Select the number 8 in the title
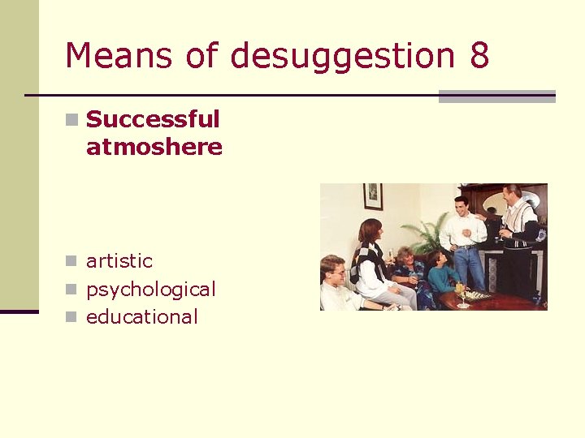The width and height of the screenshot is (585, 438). point(479,55)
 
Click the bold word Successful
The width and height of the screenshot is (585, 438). point(153,119)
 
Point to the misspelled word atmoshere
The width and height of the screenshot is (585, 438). point(154,147)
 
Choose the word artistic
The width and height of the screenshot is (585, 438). point(119,261)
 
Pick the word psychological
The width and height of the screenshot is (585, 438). point(151,290)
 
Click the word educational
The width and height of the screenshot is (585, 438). point(142,317)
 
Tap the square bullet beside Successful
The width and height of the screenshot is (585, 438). point(72,120)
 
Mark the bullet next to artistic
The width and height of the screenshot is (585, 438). point(72,262)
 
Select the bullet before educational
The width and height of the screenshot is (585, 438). point(72,317)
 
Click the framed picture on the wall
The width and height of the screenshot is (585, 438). point(373,195)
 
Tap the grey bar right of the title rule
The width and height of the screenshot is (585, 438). point(496,97)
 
